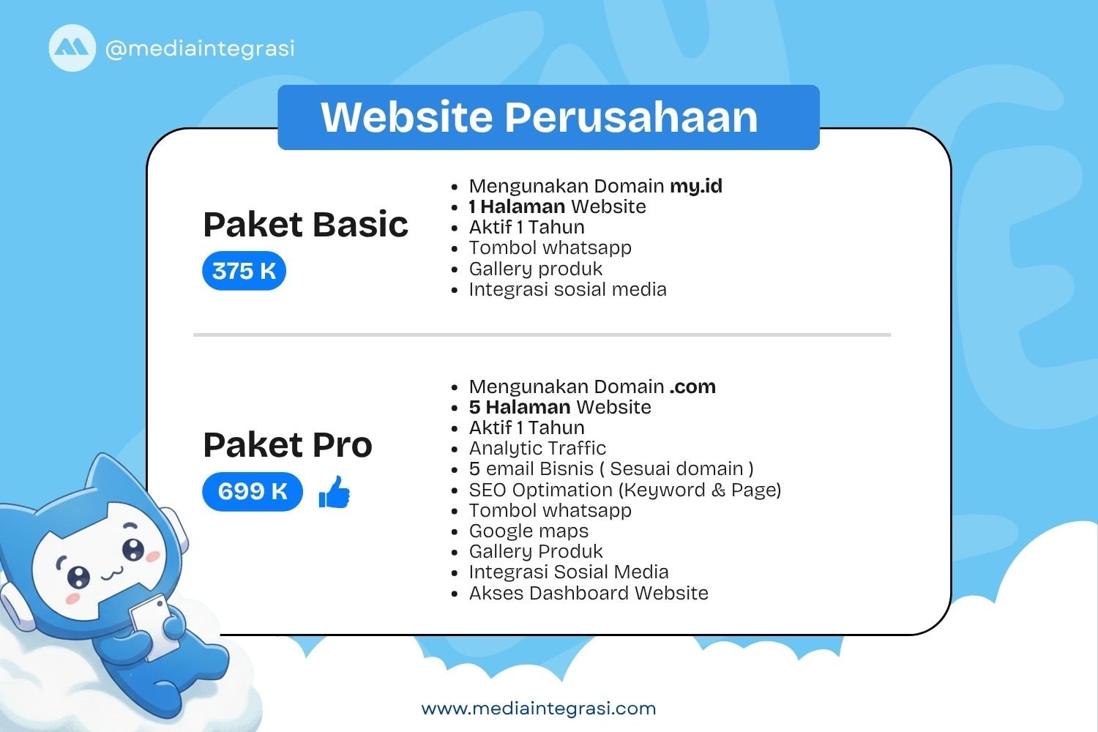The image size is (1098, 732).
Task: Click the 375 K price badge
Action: tap(244, 271)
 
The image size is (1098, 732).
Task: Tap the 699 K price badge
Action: tap(253, 490)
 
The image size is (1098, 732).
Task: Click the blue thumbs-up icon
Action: tap(335, 492)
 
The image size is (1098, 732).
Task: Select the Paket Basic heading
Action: tap(305, 224)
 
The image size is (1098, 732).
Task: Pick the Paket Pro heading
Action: tap(288, 444)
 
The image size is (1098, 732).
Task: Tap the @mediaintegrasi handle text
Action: tap(200, 48)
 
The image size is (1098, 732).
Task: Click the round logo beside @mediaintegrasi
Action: tap(72, 48)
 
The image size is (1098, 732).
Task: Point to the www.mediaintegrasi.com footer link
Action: tap(539, 708)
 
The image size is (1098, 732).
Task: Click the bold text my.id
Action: tap(696, 186)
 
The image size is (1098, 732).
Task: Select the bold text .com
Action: tap(692, 386)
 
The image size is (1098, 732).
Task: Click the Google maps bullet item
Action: tap(529, 531)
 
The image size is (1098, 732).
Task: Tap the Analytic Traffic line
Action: tap(537, 448)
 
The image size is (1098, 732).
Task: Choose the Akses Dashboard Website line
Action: tap(589, 593)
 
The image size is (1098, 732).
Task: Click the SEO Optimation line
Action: tap(624, 490)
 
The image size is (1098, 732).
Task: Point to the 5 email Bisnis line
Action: tap(610, 468)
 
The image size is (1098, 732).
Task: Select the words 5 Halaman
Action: tap(519, 407)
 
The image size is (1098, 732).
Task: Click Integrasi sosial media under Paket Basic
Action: tap(567, 289)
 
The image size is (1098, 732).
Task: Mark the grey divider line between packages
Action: tap(542, 335)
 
